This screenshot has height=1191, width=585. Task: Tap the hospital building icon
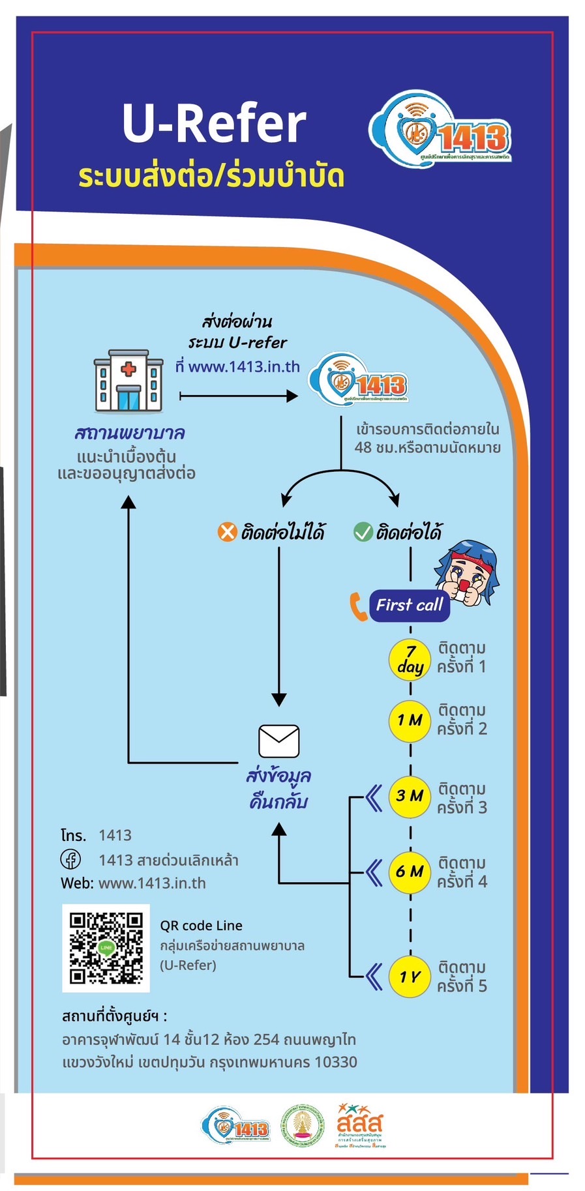pyautogui.click(x=128, y=381)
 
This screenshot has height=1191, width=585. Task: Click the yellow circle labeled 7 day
pyautogui.click(x=410, y=659)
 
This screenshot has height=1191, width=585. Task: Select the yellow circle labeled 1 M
pyautogui.click(x=410, y=720)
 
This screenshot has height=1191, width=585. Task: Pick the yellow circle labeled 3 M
pyautogui.click(x=410, y=796)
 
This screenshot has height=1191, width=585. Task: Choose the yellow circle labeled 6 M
pyautogui.click(x=410, y=872)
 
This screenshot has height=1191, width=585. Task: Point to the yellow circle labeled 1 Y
pyautogui.click(x=410, y=976)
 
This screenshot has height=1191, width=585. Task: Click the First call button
pyautogui.click(x=409, y=605)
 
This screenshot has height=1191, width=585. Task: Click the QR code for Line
pyautogui.click(x=106, y=948)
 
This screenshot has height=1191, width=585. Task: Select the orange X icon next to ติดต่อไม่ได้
pyautogui.click(x=227, y=532)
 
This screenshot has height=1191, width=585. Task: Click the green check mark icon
pyautogui.click(x=363, y=532)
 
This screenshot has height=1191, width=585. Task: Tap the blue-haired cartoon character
pyautogui.click(x=468, y=572)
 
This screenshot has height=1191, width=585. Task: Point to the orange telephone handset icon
pyautogui.click(x=358, y=606)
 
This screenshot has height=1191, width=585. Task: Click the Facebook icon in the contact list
pyautogui.click(x=71, y=859)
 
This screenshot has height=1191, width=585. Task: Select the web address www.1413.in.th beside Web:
pyautogui.click(x=152, y=883)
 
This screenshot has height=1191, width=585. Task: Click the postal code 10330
pyautogui.click(x=335, y=1062)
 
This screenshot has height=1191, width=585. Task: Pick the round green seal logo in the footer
pyautogui.click(x=302, y=1126)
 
